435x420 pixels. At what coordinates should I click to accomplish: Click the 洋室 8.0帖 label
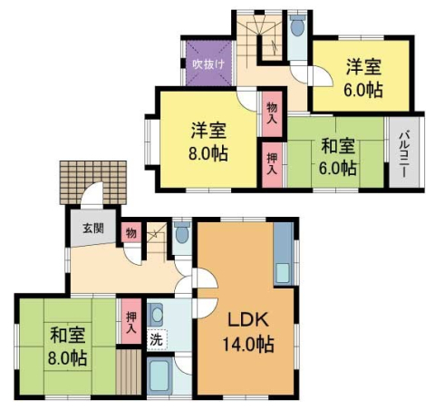pos(208,140)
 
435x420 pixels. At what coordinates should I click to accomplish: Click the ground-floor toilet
pos(182,235)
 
